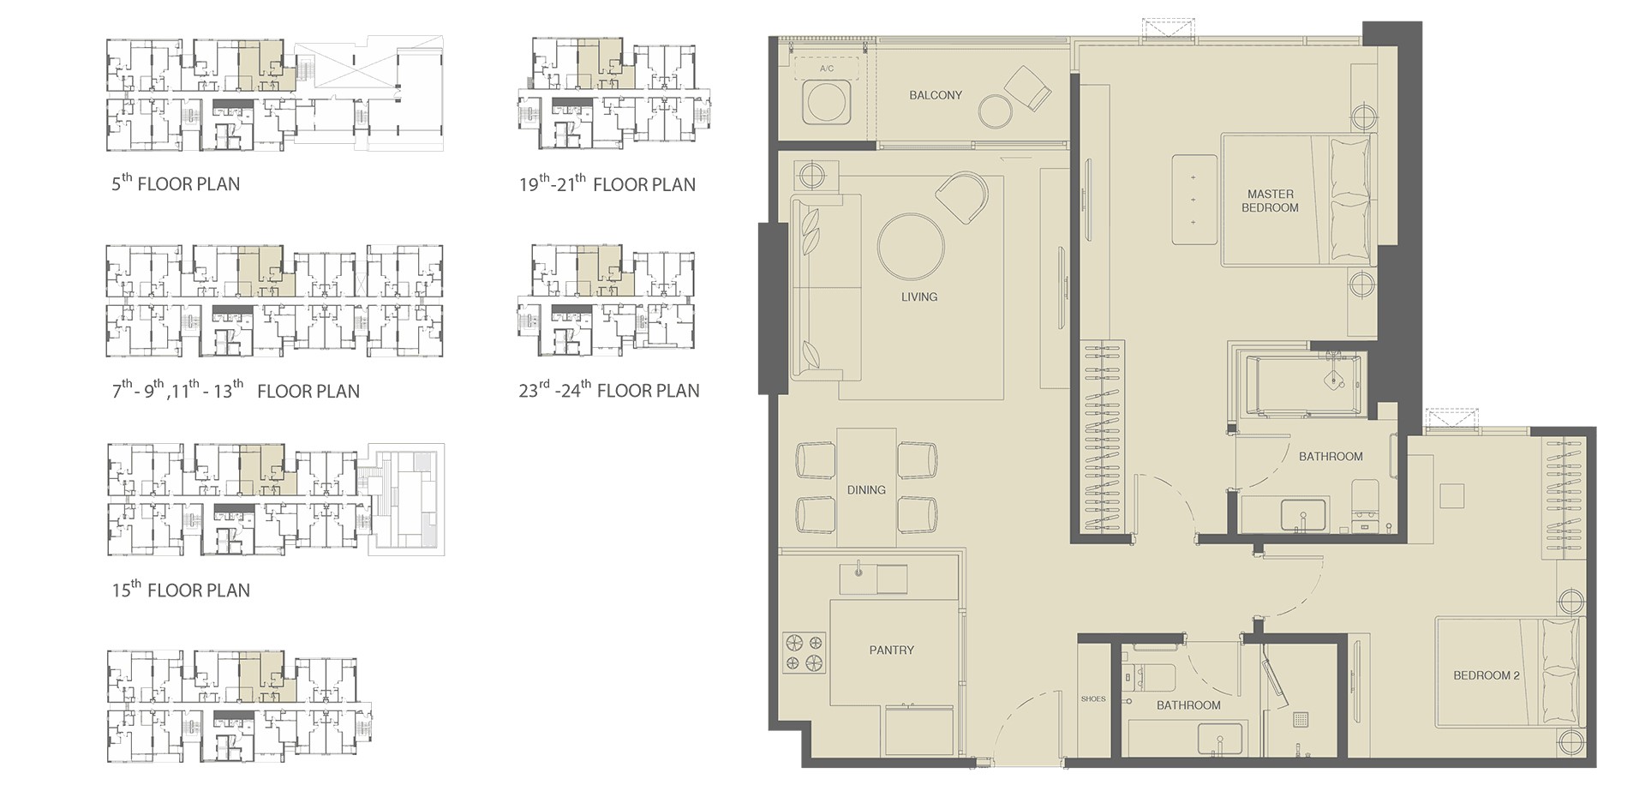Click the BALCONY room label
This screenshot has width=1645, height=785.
936,95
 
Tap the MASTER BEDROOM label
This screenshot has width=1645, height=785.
1270,201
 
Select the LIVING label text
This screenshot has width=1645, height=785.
919,297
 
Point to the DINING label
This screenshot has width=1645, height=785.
866,490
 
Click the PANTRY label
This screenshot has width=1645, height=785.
892,650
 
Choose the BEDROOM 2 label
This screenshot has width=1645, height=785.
1486,675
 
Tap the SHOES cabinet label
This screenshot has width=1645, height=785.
1093,699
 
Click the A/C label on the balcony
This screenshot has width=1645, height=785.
827,69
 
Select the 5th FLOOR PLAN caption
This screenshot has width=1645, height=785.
176,183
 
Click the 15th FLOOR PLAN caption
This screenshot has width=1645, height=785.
181,589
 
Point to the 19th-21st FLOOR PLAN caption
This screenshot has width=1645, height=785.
607,183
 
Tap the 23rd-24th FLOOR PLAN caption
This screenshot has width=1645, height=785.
609,390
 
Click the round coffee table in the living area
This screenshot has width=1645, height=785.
911,246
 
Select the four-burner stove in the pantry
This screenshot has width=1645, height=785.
804,652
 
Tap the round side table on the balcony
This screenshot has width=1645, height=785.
996,111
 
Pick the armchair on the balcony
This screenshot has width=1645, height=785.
1027,88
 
